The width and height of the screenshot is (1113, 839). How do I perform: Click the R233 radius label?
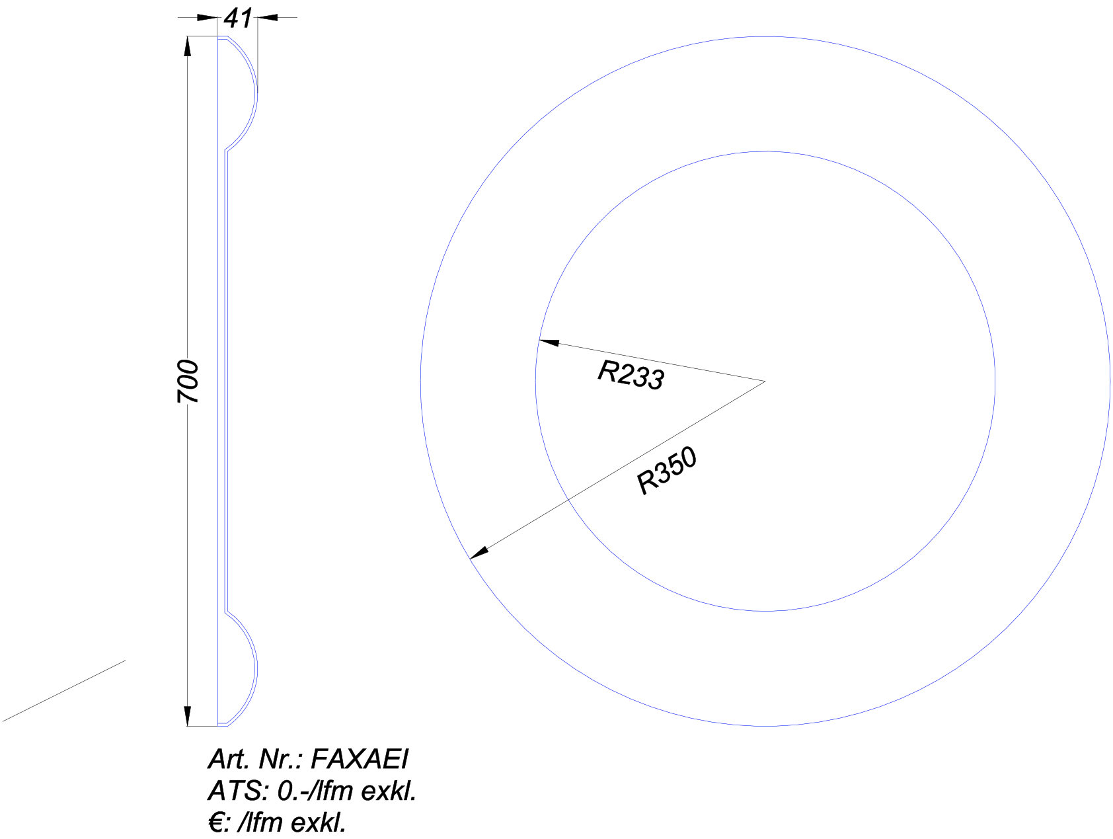[x=631, y=375]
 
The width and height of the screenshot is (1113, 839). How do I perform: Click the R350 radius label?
[x=667, y=471]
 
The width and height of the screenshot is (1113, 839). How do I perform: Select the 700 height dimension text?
[x=188, y=381]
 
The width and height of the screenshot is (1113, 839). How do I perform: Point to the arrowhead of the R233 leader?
[x=549, y=342]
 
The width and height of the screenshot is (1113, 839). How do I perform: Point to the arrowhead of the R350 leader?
[x=479, y=553]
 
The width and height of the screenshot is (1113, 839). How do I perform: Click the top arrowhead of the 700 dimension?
[x=188, y=46]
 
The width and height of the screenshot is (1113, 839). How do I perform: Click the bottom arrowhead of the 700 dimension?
[x=188, y=716]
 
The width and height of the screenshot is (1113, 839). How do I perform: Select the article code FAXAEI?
[x=359, y=760]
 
